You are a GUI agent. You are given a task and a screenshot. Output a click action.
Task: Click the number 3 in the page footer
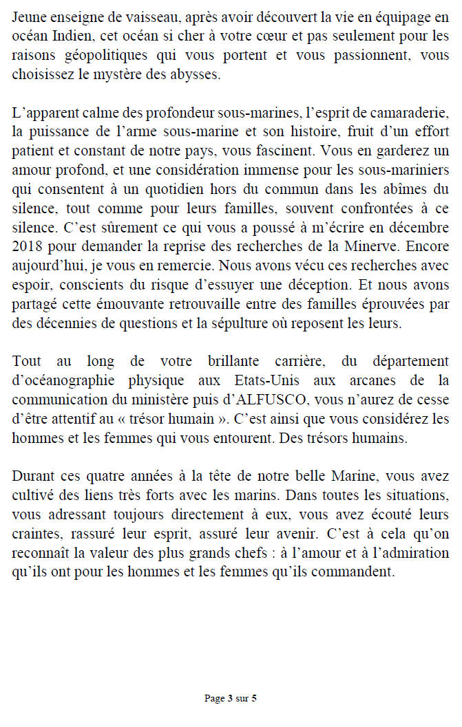[229, 699]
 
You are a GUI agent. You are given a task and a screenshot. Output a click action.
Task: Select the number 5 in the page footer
[254, 699]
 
